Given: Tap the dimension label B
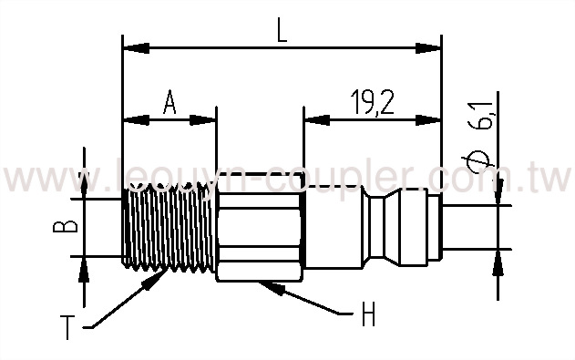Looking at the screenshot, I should pyautogui.click(x=57, y=226).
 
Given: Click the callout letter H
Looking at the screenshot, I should pyautogui.click(x=368, y=316).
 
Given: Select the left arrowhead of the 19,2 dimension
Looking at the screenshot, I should pyautogui.click(x=311, y=118).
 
